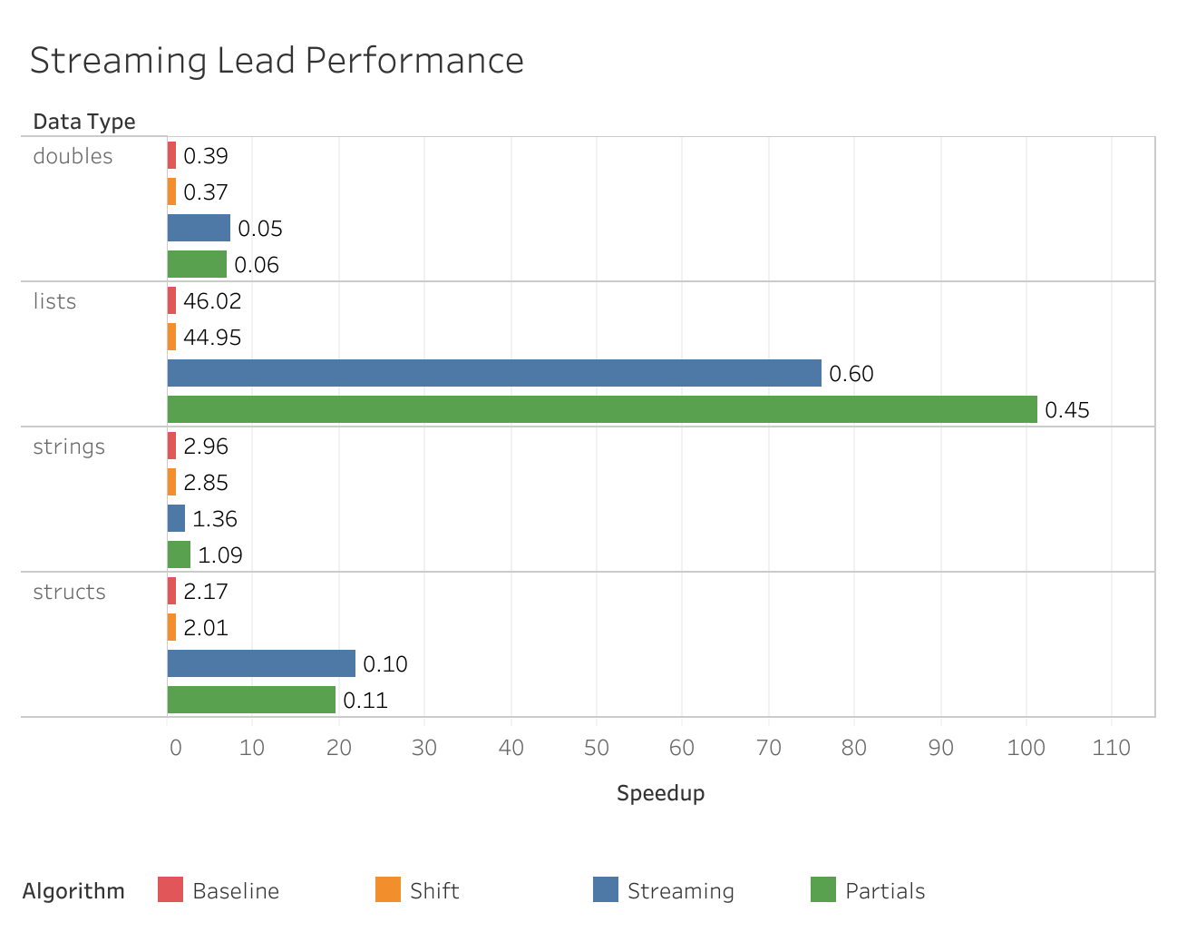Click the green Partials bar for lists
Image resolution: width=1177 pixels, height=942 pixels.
(x=602, y=409)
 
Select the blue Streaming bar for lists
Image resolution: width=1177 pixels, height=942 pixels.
(x=494, y=373)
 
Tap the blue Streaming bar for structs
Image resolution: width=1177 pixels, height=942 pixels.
(x=261, y=663)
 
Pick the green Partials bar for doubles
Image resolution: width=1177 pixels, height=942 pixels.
(x=197, y=264)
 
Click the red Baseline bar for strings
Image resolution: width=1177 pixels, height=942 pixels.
(x=171, y=446)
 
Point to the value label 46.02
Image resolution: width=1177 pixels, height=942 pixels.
(x=212, y=301)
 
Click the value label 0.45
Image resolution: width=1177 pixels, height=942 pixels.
(x=1067, y=410)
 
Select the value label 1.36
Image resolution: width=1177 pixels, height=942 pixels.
(x=215, y=519)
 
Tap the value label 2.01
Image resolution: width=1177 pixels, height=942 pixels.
(x=206, y=628)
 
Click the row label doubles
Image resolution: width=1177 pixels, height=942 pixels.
(x=73, y=156)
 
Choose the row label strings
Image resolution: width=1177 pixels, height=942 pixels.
(x=69, y=446)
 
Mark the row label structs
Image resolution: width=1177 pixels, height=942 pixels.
(x=69, y=592)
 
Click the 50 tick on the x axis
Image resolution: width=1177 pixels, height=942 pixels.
(x=597, y=748)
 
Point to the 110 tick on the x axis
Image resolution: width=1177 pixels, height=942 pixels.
(x=1112, y=748)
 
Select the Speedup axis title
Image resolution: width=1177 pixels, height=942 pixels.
(x=660, y=793)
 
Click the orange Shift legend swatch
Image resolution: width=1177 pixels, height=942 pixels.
(x=388, y=889)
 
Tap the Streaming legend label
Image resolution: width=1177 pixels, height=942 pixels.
(x=680, y=891)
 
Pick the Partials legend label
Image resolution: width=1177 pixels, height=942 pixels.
(x=885, y=891)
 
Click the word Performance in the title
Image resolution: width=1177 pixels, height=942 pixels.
(x=414, y=61)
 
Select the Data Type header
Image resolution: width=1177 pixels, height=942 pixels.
(x=84, y=122)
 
